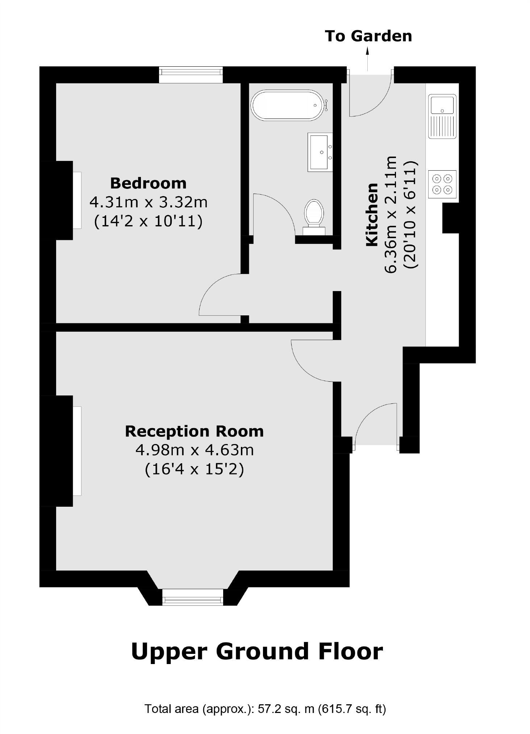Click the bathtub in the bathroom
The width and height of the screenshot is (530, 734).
point(287,105)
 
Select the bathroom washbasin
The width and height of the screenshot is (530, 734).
point(320,152)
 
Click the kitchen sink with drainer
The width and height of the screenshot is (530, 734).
point(442,116)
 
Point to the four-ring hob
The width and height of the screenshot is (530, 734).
point(442,184)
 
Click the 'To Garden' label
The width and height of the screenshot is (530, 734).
point(368,36)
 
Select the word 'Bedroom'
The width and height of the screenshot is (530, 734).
point(148,183)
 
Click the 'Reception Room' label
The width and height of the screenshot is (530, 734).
point(194,431)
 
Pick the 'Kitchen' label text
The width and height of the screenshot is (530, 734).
point(372,215)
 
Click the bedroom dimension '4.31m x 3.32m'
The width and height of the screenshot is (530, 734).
point(149,202)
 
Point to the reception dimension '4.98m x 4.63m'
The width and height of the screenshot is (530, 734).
point(195,450)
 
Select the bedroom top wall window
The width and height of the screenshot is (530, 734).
point(191,75)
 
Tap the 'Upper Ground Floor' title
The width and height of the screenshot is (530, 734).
point(257,651)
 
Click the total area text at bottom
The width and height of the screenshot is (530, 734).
point(265,708)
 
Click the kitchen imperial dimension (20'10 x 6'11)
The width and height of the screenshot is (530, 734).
point(411,215)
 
